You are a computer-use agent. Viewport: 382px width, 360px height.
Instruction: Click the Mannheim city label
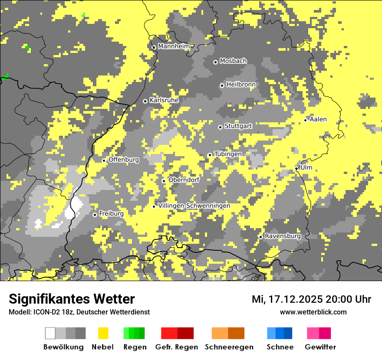pyautogui.click(x=174, y=46)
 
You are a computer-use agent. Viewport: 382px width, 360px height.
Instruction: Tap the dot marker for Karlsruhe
pyautogui.click(x=145, y=101)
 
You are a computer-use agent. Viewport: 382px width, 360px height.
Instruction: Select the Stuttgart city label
pyautogui.click(x=238, y=126)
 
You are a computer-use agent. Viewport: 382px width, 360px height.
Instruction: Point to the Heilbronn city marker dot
pyautogui.click(x=222, y=85)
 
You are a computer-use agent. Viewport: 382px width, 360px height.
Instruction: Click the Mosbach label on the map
pyautogui.click(x=233, y=61)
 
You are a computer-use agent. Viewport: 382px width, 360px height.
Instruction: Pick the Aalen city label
pyautogui.click(x=318, y=119)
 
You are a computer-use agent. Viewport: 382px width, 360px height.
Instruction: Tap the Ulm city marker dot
pyautogui.click(x=296, y=168)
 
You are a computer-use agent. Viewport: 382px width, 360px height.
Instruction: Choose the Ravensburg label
pyautogui.click(x=283, y=236)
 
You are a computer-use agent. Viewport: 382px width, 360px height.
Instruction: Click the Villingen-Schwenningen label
pyautogui.click(x=194, y=206)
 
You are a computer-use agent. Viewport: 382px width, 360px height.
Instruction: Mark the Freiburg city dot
pyautogui.click(x=95, y=215)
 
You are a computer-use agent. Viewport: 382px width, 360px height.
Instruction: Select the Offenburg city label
pyautogui.click(x=124, y=160)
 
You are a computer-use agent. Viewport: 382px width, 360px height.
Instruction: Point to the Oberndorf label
pyautogui.click(x=184, y=180)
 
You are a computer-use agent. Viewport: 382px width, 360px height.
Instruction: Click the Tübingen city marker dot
pyautogui.click(x=210, y=155)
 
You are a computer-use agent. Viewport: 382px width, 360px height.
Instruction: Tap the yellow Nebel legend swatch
pyautogui.click(x=103, y=333)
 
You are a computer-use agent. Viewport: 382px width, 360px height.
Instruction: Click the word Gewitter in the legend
pyautogui.click(x=320, y=347)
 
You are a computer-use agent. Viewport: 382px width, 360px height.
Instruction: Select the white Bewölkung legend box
pyautogui.click(x=50, y=333)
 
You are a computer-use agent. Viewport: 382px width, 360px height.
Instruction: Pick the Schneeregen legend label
pyautogui.click(x=229, y=347)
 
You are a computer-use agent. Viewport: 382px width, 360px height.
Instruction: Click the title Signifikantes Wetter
pyautogui.click(x=72, y=299)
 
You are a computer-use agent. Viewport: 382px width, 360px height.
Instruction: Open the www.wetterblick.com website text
pyautogui.click(x=313, y=312)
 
